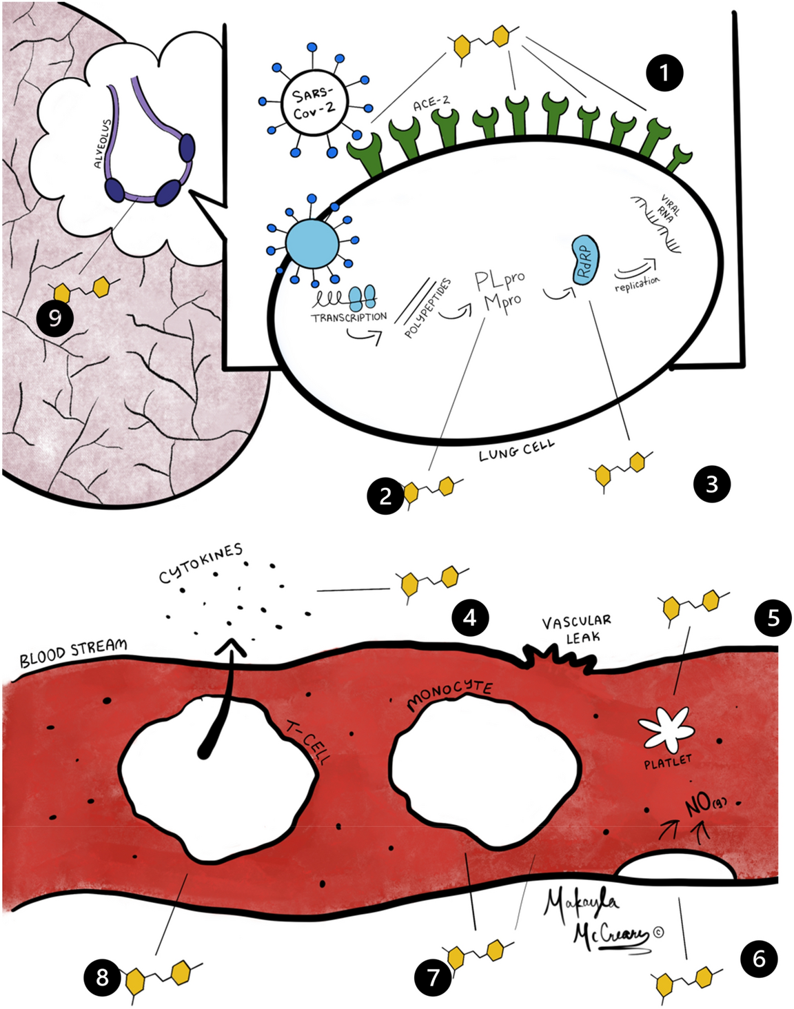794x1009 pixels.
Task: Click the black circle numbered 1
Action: point(664,72)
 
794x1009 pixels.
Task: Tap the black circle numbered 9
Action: point(54,318)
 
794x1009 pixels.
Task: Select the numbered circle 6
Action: point(759,959)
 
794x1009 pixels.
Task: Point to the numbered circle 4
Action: point(470,617)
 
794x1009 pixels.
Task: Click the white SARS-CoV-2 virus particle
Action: point(314,103)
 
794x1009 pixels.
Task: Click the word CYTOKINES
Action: point(201,563)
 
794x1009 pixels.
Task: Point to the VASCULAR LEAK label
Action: point(576,629)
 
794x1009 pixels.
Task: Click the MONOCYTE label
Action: point(449,695)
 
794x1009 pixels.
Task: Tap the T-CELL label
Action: point(309,741)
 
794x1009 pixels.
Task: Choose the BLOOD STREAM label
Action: point(73,653)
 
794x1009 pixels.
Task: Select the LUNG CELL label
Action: point(516,451)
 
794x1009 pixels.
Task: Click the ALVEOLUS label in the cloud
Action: point(103,144)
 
